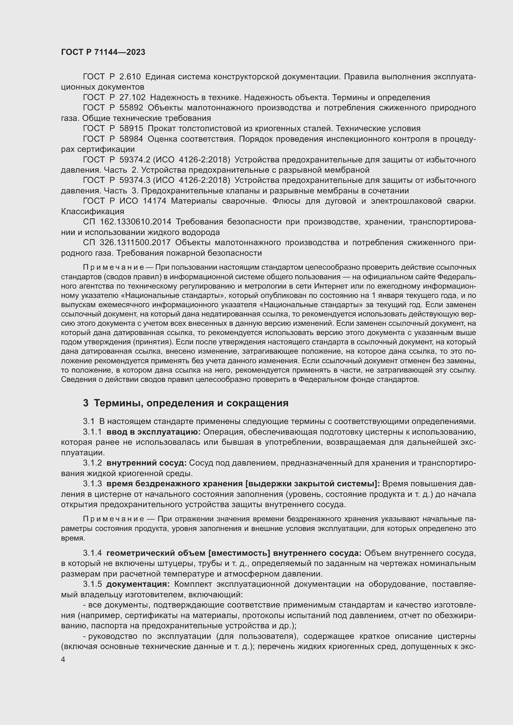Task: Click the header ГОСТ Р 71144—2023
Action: click(103, 52)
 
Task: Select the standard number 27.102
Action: click(132, 98)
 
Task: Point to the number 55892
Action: click(131, 108)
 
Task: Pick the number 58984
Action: click(131, 139)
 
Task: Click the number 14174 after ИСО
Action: click(154, 201)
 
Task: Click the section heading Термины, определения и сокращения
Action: click(191, 403)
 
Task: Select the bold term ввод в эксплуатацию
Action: click(154, 432)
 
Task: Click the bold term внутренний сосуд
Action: click(147, 463)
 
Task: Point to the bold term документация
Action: click(138, 584)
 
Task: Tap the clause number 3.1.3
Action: click(92, 484)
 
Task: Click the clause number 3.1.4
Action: click(92, 553)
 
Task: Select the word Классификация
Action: click(92, 211)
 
